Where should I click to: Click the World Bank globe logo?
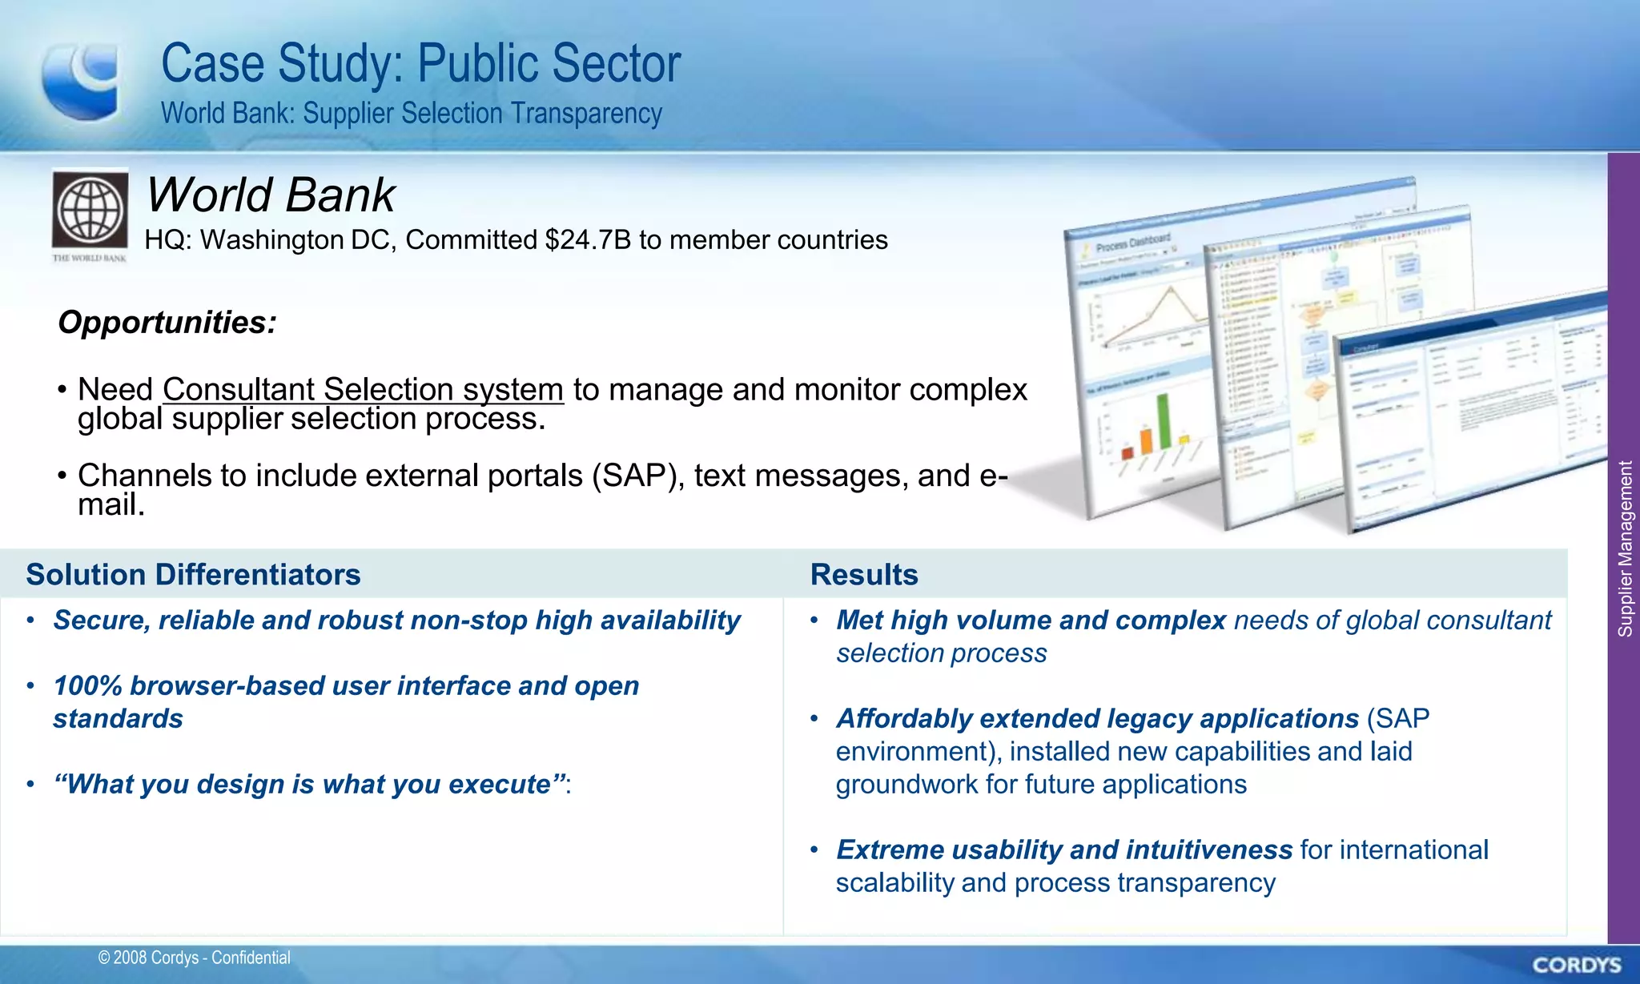tap(90, 210)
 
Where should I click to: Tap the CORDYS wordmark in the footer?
tap(1577, 965)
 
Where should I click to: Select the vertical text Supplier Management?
tap(1625, 549)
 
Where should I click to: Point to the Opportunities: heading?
tap(167, 323)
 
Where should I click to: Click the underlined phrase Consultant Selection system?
tap(363, 390)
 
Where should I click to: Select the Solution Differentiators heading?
tap(193, 575)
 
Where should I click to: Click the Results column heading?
tap(864, 575)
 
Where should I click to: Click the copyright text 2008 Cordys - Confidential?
tap(195, 958)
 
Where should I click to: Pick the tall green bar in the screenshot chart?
tap(1164, 420)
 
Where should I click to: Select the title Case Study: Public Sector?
tap(420, 64)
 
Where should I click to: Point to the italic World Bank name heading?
tap(270, 195)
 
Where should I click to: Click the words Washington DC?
tap(298, 240)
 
